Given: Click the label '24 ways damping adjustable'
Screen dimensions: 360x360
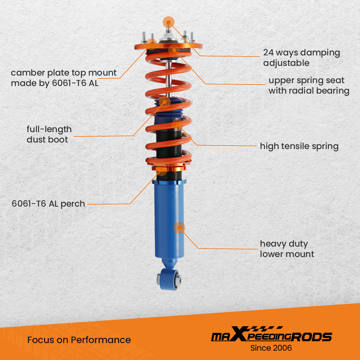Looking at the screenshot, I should (301, 58).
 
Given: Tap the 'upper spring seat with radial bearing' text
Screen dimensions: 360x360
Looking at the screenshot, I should (309, 85).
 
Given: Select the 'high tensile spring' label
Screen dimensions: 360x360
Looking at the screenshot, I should (299, 146).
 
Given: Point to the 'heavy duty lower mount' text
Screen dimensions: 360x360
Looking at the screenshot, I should (287, 249).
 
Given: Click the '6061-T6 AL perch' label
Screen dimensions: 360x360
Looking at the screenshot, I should (48, 204).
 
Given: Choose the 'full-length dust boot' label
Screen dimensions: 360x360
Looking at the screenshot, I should (49, 134).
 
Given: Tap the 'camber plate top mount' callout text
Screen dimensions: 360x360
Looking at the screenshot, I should (63, 78).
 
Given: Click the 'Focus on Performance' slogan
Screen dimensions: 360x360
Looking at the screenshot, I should (79, 340).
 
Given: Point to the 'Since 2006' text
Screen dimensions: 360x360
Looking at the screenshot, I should (271, 348).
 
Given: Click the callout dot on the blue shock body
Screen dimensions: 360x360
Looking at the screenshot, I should (179, 228).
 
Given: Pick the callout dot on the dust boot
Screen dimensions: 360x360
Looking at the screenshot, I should (165, 102).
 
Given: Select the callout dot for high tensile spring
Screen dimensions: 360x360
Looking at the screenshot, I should (177, 124).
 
